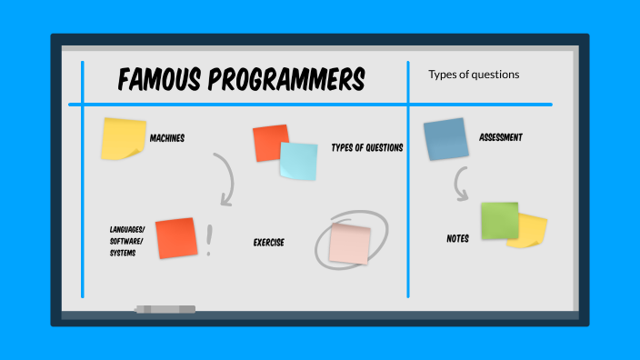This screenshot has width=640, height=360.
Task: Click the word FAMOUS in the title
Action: tap(160, 80)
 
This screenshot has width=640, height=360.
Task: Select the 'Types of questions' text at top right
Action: tap(474, 75)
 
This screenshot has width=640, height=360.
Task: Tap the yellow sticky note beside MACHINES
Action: tap(123, 139)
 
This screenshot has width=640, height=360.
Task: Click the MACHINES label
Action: tap(166, 138)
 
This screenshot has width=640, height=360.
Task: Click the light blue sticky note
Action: tap(299, 162)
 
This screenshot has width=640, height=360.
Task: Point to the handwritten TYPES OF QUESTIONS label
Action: tap(366, 147)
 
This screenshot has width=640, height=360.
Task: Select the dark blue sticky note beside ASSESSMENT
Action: tap(445, 139)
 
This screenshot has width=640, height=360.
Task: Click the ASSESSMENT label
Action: tap(501, 137)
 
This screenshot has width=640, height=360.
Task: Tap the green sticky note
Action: tap(499, 220)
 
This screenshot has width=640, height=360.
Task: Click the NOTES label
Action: tap(457, 238)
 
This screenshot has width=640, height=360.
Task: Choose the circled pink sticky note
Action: tap(350, 244)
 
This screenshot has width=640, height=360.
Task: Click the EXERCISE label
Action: tap(268, 243)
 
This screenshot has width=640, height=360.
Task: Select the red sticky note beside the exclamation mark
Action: tap(175, 238)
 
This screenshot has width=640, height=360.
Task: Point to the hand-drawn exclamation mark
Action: tap(209, 240)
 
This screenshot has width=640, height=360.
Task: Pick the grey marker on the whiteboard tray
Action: tap(165, 310)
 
